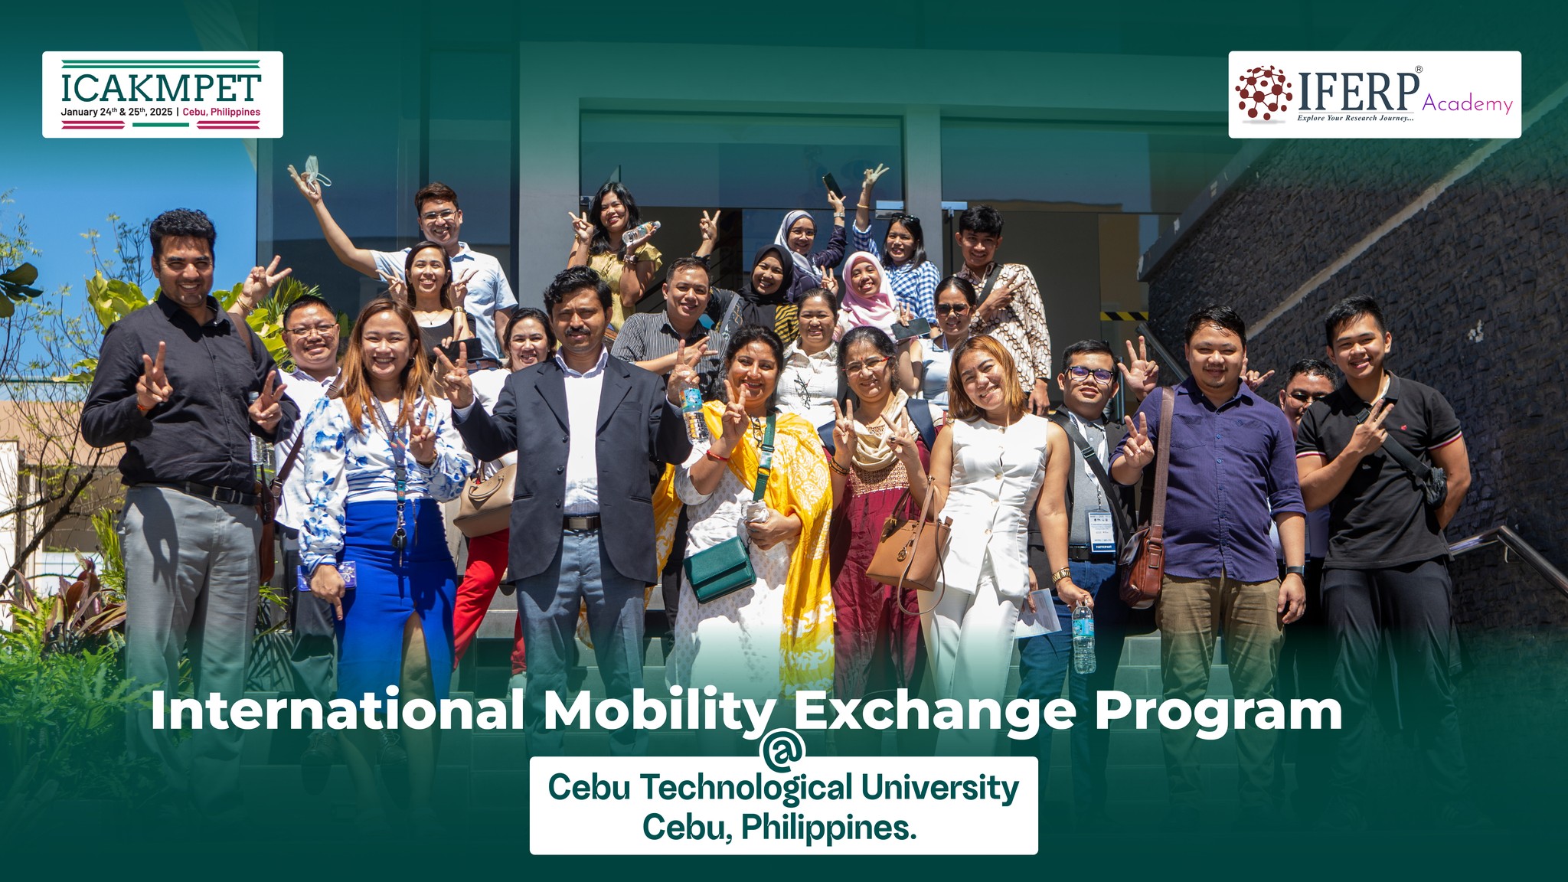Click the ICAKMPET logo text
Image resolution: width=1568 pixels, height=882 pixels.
point(161,88)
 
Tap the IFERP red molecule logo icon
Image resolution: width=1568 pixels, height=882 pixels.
point(1264,93)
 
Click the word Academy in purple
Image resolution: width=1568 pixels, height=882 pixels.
point(1468,103)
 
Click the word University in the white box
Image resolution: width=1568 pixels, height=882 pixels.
point(939,788)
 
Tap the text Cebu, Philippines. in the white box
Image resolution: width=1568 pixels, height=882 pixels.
point(779,827)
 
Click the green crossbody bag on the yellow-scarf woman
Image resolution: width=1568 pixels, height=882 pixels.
point(719,568)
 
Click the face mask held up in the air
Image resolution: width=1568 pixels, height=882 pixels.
point(315,171)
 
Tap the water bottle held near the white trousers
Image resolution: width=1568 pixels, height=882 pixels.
point(1083,637)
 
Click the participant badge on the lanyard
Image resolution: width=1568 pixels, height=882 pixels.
point(1099,528)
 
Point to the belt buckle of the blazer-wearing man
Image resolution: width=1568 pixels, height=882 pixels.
point(582,523)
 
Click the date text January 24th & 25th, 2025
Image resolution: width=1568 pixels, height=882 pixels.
point(117,112)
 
